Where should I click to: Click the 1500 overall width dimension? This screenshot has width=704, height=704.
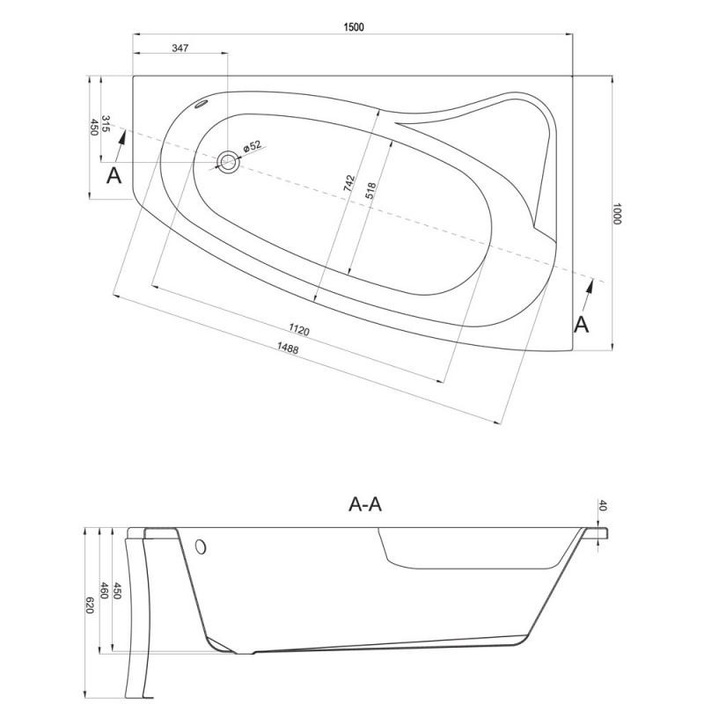(354, 27)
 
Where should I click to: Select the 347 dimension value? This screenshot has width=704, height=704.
(180, 48)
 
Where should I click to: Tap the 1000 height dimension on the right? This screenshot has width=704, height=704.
(617, 214)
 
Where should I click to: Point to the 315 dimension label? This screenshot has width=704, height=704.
(106, 123)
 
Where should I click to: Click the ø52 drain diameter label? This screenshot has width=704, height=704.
(252, 146)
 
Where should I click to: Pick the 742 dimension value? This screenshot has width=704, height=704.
(349, 184)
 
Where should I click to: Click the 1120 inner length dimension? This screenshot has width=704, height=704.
(299, 330)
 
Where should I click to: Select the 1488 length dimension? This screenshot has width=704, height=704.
(288, 348)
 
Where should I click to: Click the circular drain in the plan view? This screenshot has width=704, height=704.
(228, 162)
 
